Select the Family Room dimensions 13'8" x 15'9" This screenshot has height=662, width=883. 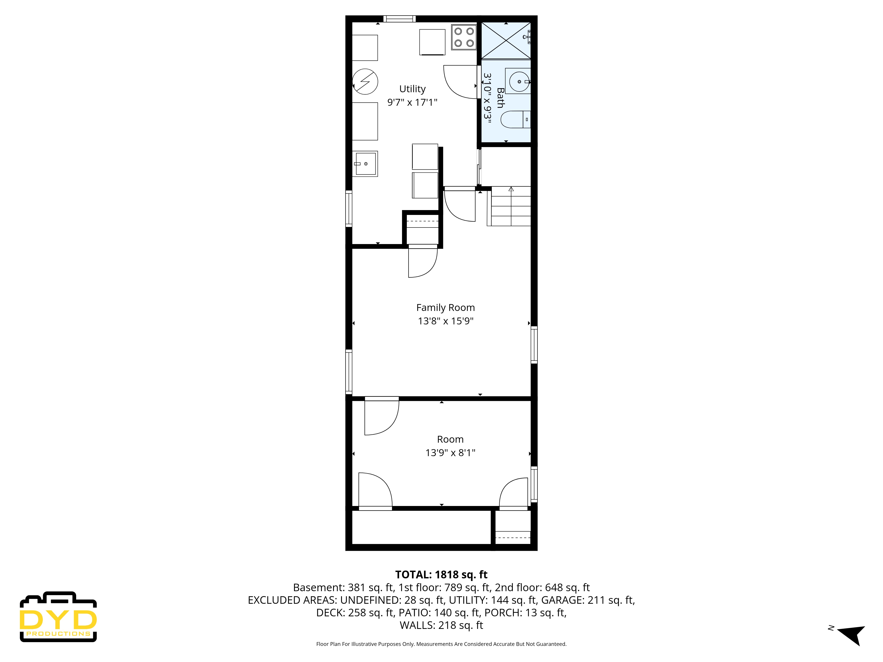tap(445, 321)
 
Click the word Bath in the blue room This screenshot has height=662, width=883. tap(500, 98)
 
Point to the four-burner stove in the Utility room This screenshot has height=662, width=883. tap(464, 37)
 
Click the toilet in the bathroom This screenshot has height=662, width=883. tap(515, 120)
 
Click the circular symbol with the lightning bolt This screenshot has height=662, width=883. tap(365, 82)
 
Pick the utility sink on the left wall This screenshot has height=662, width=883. tap(365, 164)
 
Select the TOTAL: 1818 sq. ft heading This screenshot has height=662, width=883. tap(441, 575)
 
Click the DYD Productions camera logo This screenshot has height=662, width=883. tap(58, 617)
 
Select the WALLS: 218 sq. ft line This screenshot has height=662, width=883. tap(441, 625)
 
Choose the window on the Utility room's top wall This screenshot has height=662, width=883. tap(399, 19)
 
